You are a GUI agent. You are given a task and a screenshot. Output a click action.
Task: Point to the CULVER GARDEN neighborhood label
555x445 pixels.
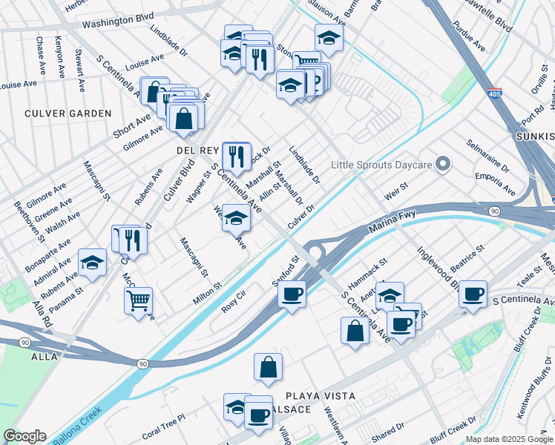(68, 113)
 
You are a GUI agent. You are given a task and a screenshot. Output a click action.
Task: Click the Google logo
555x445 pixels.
(24, 436)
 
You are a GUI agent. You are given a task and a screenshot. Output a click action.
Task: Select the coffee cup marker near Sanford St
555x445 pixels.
(292, 294)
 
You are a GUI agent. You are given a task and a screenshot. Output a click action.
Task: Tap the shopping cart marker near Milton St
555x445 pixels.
(139, 300)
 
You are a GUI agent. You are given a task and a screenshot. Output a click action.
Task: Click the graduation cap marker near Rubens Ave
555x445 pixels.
(92, 263)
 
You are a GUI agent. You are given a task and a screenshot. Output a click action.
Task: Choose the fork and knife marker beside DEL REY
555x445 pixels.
(236, 156)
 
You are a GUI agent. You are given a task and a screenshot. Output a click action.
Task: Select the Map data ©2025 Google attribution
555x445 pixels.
(508, 439)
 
